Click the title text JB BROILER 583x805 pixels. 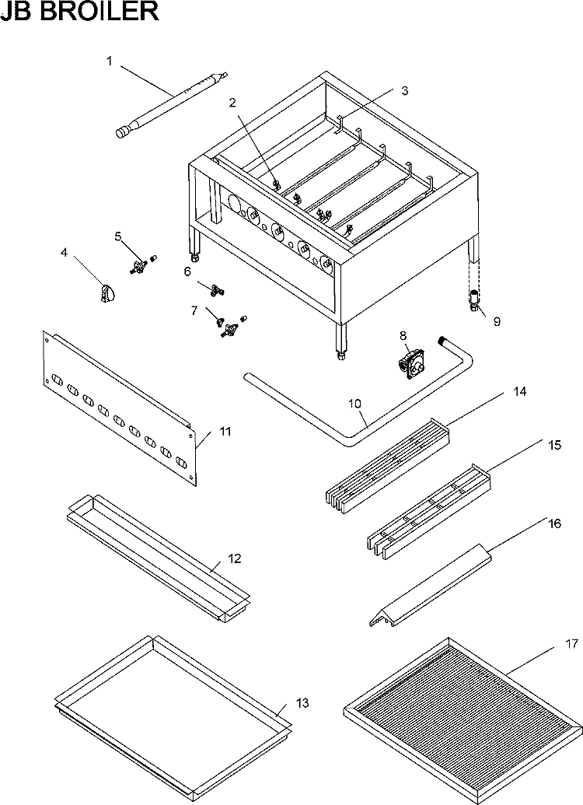point(80,13)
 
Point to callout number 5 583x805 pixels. point(118,236)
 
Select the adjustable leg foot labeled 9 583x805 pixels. point(474,299)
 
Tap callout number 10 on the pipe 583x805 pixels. point(354,404)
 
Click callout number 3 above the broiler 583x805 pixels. point(404,90)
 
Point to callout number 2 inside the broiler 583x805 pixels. point(232,103)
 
